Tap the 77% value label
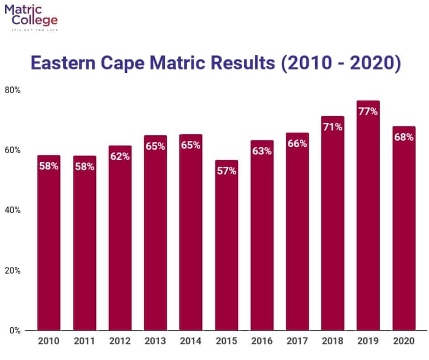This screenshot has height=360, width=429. (368, 111)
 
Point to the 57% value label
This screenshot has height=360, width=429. (226, 171)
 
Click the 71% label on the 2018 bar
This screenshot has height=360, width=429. (333, 127)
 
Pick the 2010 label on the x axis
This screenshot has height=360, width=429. (49, 341)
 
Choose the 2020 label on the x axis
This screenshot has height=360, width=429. (404, 341)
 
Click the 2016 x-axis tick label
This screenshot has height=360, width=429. (262, 341)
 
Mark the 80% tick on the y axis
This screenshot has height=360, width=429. (12, 90)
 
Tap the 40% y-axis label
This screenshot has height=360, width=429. (12, 210)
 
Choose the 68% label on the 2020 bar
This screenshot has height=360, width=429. (404, 137)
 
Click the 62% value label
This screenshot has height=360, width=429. (120, 156)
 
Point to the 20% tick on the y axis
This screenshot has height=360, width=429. (12, 270)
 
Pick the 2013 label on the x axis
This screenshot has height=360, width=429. (155, 341)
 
